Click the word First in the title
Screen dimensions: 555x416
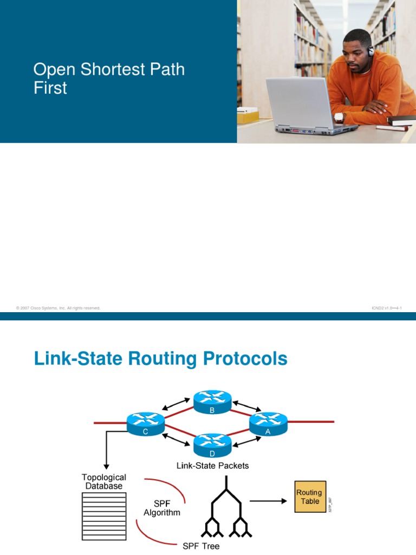tap(50, 88)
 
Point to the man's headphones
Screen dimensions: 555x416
tap(370, 51)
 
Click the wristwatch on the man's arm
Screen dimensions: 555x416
tap(339, 117)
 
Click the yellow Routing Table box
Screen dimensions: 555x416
tap(310, 497)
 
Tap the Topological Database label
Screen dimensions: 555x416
tap(104, 481)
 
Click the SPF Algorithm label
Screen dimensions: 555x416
tap(162, 507)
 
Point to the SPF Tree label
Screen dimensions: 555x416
tap(201, 546)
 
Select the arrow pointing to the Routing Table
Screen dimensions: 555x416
tap(268, 501)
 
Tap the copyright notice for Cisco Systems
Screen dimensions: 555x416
tap(58, 308)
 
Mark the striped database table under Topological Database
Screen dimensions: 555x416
tap(104, 515)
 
